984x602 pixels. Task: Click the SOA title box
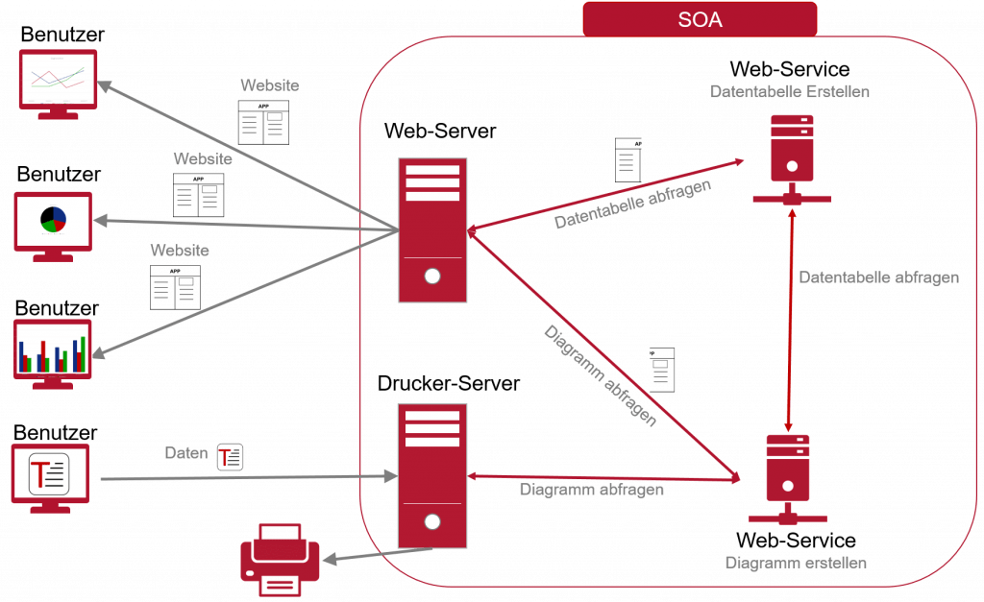(x=699, y=19)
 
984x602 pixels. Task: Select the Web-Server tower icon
(x=432, y=230)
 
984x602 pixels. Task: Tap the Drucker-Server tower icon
(x=432, y=475)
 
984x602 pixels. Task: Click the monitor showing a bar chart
(x=54, y=351)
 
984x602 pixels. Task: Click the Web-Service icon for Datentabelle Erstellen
(x=792, y=158)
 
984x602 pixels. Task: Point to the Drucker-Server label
(x=448, y=384)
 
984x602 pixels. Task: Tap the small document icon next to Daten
(x=230, y=457)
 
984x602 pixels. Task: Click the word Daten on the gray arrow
(x=185, y=453)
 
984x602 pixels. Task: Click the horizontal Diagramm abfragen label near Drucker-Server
(x=592, y=489)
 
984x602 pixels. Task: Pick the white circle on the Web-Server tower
(x=432, y=277)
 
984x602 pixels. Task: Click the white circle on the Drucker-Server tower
(x=432, y=522)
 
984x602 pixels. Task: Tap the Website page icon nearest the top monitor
(x=263, y=122)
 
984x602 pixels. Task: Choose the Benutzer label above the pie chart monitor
(x=58, y=175)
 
